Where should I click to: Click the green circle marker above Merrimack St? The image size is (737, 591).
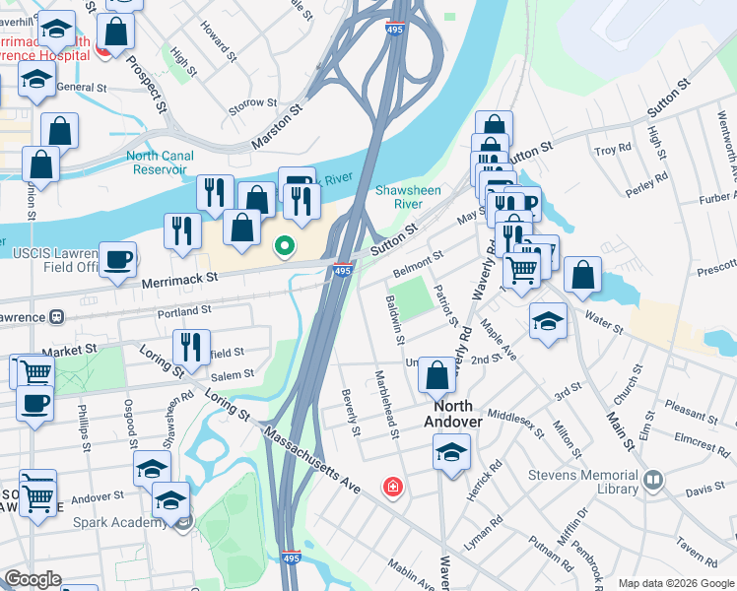pos(285,246)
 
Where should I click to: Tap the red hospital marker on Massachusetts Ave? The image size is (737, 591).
pos(393,488)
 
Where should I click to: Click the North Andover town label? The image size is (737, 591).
pos(452,414)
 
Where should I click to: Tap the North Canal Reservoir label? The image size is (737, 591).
pos(157,163)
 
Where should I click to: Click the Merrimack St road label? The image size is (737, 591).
pos(178,280)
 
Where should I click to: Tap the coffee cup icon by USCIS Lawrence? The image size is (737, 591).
pos(118,260)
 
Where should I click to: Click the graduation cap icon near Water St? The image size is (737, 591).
pos(549,320)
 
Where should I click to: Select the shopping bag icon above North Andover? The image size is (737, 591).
pos(436,374)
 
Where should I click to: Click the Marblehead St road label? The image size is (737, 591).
pos(387,404)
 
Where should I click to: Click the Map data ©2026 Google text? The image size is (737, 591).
pos(675,583)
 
